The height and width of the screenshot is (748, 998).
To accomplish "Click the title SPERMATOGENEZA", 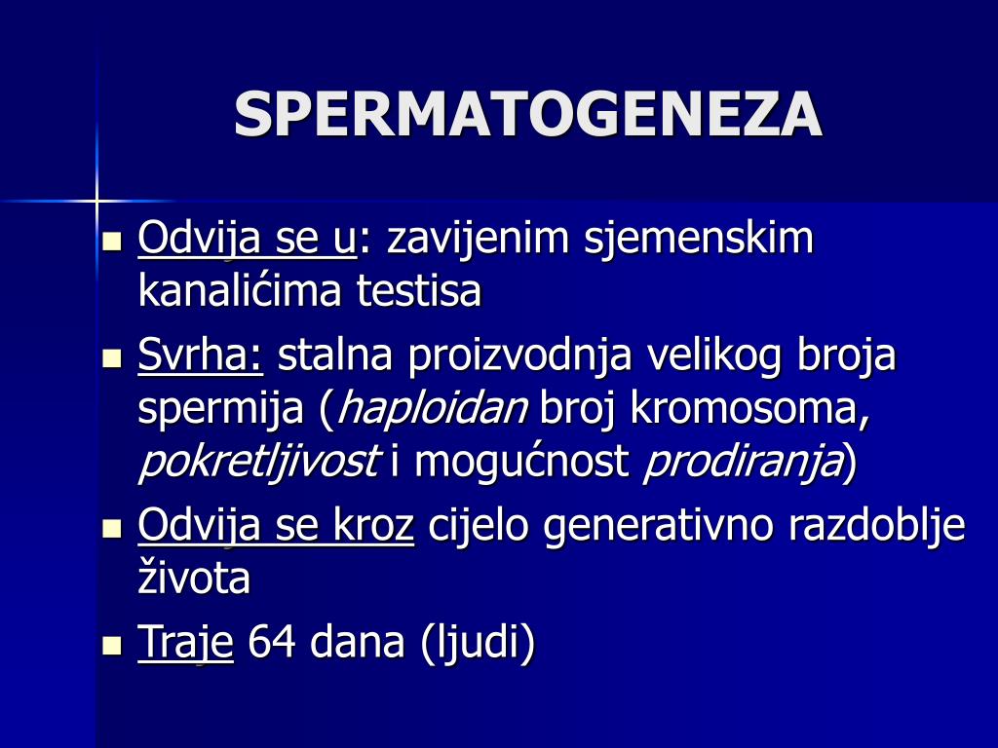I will click(528, 115).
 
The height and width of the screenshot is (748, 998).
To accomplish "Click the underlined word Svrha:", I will click(201, 356).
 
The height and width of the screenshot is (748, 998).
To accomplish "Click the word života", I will click(195, 579).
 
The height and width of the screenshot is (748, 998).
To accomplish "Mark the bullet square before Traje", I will click(113, 644).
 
